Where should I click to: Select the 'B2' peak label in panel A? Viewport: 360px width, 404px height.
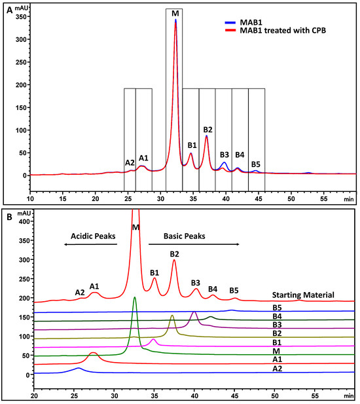pyautogui.click(x=208, y=130)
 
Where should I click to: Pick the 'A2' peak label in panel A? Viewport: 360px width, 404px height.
pyautogui.click(x=130, y=162)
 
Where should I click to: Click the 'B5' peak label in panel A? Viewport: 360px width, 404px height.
pyautogui.click(x=256, y=164)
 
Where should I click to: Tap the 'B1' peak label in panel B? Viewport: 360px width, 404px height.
pyautogui.click(x=154, y=272)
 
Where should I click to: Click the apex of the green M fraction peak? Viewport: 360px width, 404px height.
pyautogui.click(x=135, y=297)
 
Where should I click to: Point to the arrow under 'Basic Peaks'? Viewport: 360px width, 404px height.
pyautogui.click(x=194, y=244)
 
